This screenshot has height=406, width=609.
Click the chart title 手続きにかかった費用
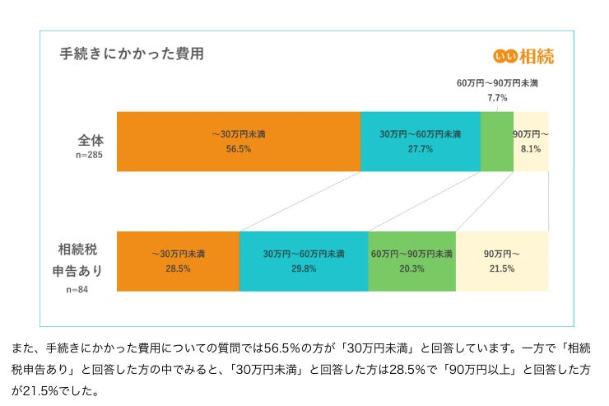[x=132, y=54]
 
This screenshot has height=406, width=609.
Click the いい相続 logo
[x=523, y=56]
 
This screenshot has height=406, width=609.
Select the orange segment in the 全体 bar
[x=239, y=142]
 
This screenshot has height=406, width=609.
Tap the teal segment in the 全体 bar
[x=420, y=142]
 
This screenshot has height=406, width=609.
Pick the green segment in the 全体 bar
[x=496, y=142]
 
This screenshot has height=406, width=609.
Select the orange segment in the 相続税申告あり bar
[x=178, y=261]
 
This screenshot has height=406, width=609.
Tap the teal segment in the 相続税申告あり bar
[x=303, y=261]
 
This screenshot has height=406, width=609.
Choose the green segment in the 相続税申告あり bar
[x=411, y=261]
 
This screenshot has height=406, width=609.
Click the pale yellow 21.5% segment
[x=501, y=261]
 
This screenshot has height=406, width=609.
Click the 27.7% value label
[x=420, y=149]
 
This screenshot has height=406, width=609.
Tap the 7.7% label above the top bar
[x=497, y=98]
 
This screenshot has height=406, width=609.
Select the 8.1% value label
[x=531, y=149]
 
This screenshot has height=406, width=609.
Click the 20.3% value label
[x=411, y=268]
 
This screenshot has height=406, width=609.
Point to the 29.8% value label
[x=303, y=268]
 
